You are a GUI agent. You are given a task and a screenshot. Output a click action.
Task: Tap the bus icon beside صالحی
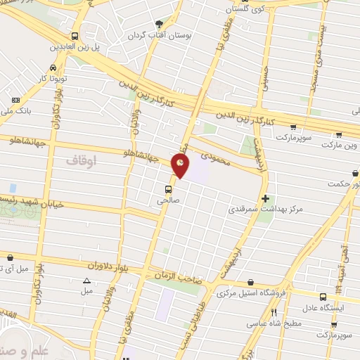click(x=168, y=189)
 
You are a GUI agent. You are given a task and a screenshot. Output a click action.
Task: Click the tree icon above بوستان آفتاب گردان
click(x=158, y=23)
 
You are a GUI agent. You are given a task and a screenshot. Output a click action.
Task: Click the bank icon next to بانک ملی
click(x=16, y=101)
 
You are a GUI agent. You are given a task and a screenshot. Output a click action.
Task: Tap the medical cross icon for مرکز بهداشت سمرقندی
click(x=264, y=199)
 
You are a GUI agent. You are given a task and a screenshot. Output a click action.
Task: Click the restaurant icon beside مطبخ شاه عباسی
click(x=274, y=313)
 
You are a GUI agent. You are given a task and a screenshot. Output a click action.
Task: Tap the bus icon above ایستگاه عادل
click(x=323, y=297)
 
